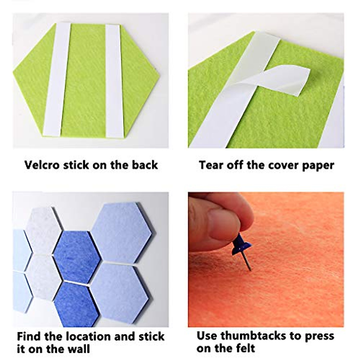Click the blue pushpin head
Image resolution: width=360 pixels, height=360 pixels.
(x=242, y=246)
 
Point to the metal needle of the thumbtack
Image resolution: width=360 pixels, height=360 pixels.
(x=247, y=262)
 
